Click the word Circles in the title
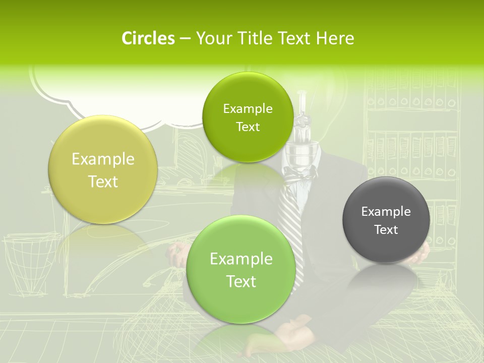coord(148,38)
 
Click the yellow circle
coord(103,169)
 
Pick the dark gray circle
coord(386,220)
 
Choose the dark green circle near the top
coord(248,117)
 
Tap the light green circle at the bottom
coord(241,269)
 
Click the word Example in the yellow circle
coord(103,159)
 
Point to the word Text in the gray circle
coord(386,230)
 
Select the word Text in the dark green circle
coord(248,127)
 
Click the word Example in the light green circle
coord(241,259)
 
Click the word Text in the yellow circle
coord(103,181)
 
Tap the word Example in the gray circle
coord(386,212)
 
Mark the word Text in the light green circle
coord(241,281)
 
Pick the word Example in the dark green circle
coord(248,109)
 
